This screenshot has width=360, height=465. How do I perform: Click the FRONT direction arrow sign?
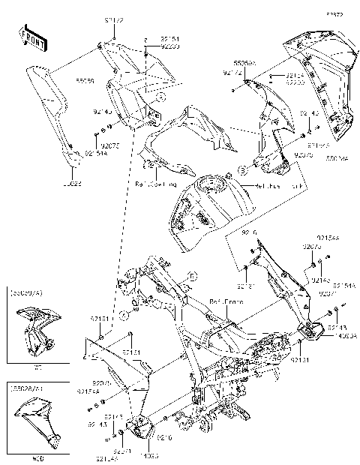click(x=31, y=37)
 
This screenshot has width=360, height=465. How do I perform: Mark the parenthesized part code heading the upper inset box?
click(x=31, y=294)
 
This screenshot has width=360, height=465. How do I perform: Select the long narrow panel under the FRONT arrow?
click(x=48, y=112)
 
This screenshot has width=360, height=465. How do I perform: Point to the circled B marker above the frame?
click(x=191, y=277)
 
